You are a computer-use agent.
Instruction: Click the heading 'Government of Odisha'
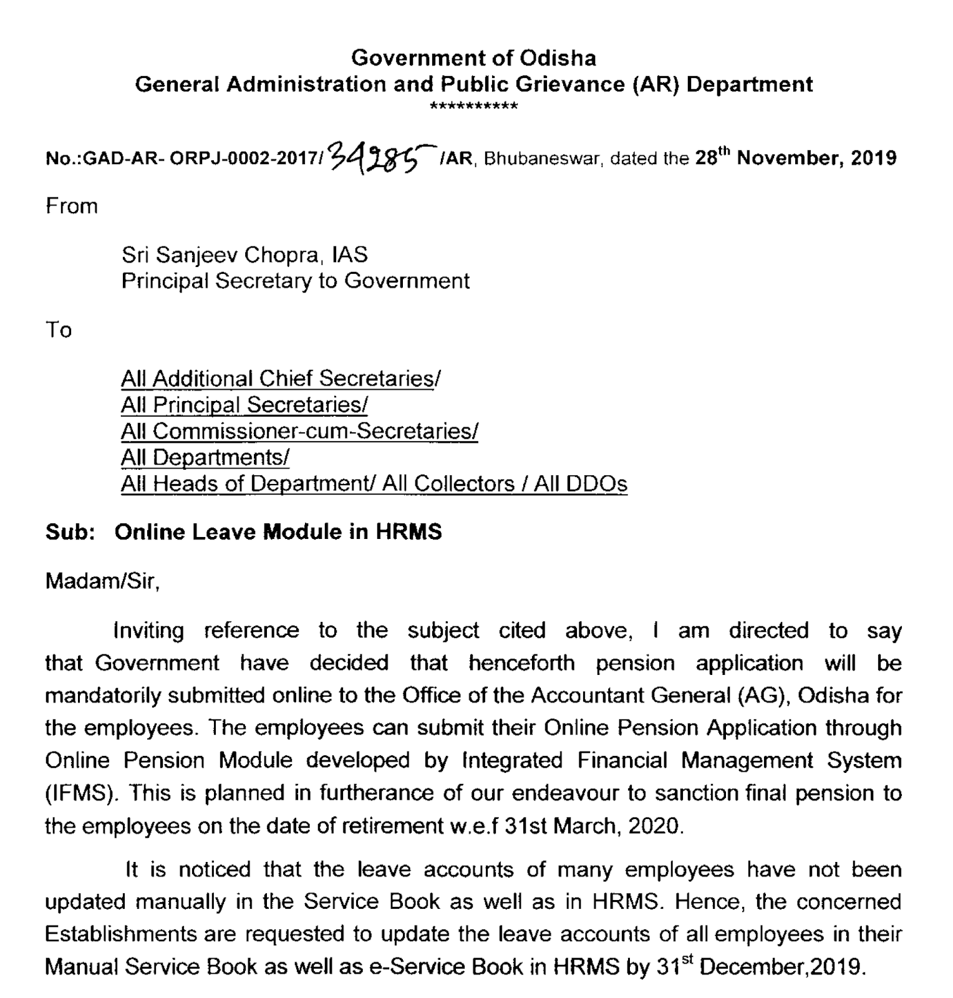pos(473,58)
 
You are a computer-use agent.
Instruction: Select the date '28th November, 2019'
pos(796,158)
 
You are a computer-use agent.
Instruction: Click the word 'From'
pos(72,206)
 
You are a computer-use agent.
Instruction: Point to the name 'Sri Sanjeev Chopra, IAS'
pos(244,254)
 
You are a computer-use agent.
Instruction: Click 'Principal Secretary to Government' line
pos(295,281)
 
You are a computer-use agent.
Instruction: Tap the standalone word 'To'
pos(59,330)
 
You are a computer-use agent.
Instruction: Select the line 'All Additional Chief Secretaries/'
pos(281,379)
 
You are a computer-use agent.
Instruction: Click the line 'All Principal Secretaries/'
pos(244,405)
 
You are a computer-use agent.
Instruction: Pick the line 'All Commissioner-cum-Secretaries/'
pos(299,431)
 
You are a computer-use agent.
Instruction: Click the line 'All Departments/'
pos(205,457)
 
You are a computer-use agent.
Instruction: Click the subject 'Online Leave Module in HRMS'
pos(279,532)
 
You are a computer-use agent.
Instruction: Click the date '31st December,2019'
pos(760,967)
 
